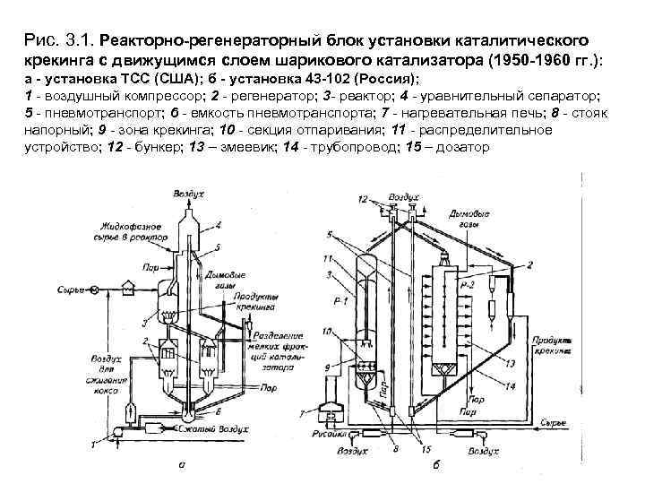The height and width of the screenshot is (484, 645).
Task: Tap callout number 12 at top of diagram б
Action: pyautogui.click(x=361, y=197)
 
